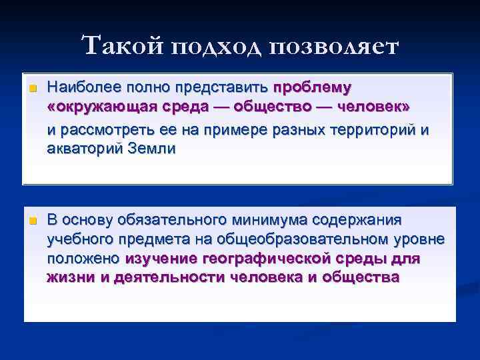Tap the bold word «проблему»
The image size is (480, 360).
tap(313, 87)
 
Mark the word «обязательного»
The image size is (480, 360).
tap(166, 219)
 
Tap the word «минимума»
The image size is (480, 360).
tap(278, 219)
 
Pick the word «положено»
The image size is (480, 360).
tap(84, 259)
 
